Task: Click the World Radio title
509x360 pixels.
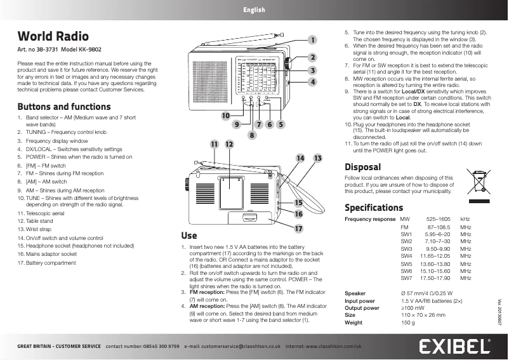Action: tap(53, 36)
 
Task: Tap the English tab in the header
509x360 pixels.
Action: tap(254, 10)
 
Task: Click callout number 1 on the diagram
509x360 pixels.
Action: tap(312, 41)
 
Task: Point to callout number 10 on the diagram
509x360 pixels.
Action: tap(225, 116)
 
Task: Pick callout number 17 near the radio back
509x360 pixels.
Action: tap(298, 227)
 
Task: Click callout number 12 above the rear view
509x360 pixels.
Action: tap(228, 145)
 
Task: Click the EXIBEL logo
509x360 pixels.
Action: tap(454, 347)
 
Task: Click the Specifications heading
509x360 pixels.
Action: tap(374, 208)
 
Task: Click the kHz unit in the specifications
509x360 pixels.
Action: tap(465, 218)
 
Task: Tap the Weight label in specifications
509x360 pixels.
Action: tap(354, 323)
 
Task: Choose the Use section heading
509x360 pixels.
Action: tap(188, 235)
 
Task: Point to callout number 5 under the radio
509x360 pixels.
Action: tap(280, 124)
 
